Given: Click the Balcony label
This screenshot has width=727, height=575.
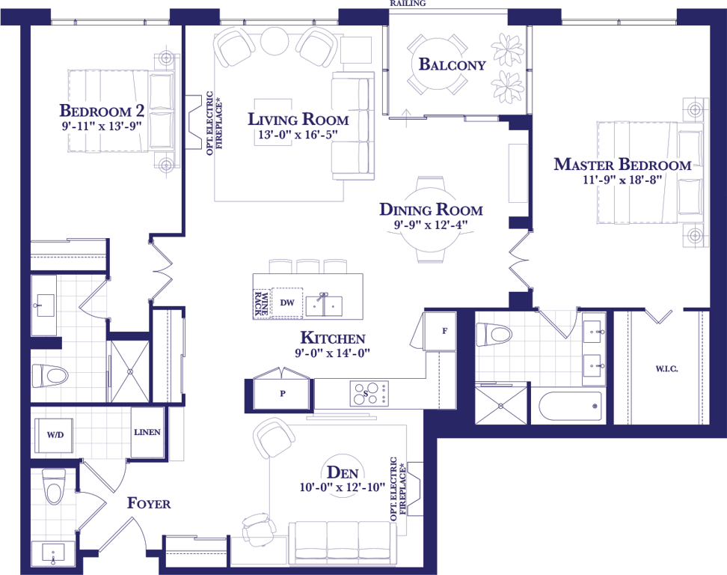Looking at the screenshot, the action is [x=452, y=64].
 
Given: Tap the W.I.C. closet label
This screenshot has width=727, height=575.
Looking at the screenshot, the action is [x=666, y=369].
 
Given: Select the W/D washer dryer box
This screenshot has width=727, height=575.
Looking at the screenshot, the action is [x=55, y=435].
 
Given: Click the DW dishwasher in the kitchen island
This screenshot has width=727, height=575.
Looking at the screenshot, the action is [x=287, y=302].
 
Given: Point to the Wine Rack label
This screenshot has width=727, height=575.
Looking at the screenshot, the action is [x=262, y=303].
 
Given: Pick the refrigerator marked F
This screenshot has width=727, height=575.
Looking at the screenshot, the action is [x=441, y=331].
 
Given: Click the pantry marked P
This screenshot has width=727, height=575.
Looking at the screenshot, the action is [x=283, y=394].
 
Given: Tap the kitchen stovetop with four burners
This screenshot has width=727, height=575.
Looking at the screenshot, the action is [x=369, y=394].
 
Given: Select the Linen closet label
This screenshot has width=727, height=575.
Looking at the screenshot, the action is [x=147, y=432].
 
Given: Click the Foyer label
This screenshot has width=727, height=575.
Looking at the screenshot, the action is [x=149, y=503].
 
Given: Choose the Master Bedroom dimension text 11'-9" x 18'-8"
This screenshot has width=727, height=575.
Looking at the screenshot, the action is [x=622, y=180].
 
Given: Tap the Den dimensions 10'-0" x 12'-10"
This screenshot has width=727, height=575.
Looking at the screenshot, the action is [x=343, y=487].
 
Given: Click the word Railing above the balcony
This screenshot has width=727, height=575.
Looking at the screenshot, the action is [x=408, y=3].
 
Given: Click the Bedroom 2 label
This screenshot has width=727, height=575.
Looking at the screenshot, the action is [x=102, y=111].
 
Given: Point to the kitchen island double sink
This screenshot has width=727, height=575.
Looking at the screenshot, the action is [x=324, y=305].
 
